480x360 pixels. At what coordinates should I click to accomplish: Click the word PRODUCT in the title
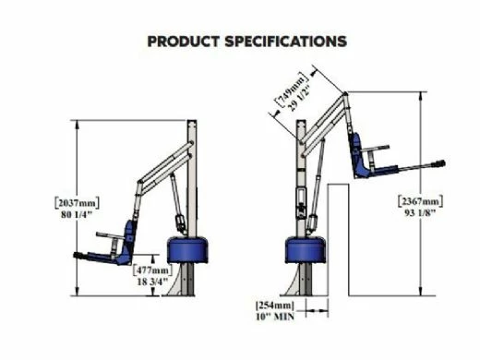(184, 42)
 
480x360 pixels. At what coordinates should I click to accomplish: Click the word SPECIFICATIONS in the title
(286, 42)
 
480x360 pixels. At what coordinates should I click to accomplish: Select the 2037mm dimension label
(77, 203)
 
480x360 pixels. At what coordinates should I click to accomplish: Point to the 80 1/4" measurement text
(77, 214)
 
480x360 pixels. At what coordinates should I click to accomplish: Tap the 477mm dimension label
(153, 270)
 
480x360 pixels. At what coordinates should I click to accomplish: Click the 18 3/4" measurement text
(152, 282)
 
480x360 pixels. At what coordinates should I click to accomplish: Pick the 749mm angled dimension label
(291, 89)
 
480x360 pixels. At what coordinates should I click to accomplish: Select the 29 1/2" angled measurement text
(300, 97)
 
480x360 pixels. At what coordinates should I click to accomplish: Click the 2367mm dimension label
(421, 201)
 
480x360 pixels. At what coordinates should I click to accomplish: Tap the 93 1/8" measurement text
(420, 213)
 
